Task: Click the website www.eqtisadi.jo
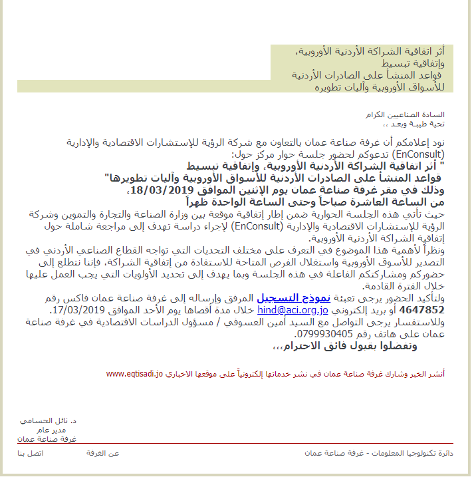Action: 135,374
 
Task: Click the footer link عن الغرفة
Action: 102,453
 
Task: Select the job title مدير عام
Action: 64,430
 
